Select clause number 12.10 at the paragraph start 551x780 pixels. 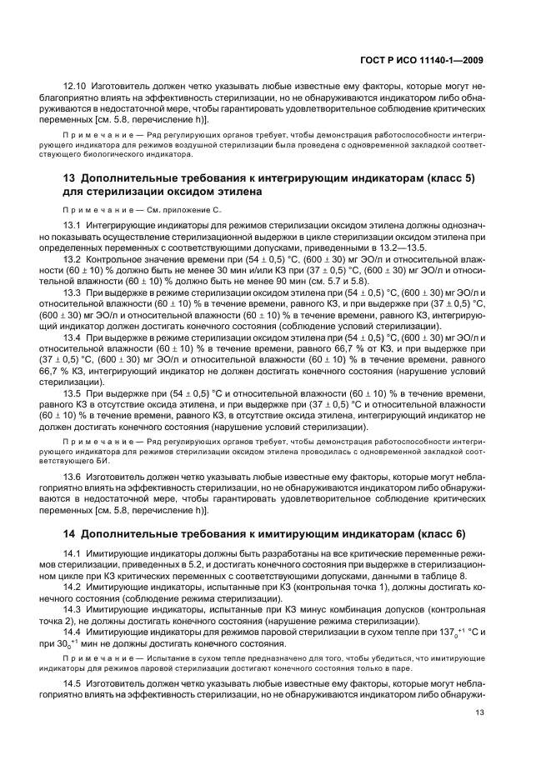[76, 86]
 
